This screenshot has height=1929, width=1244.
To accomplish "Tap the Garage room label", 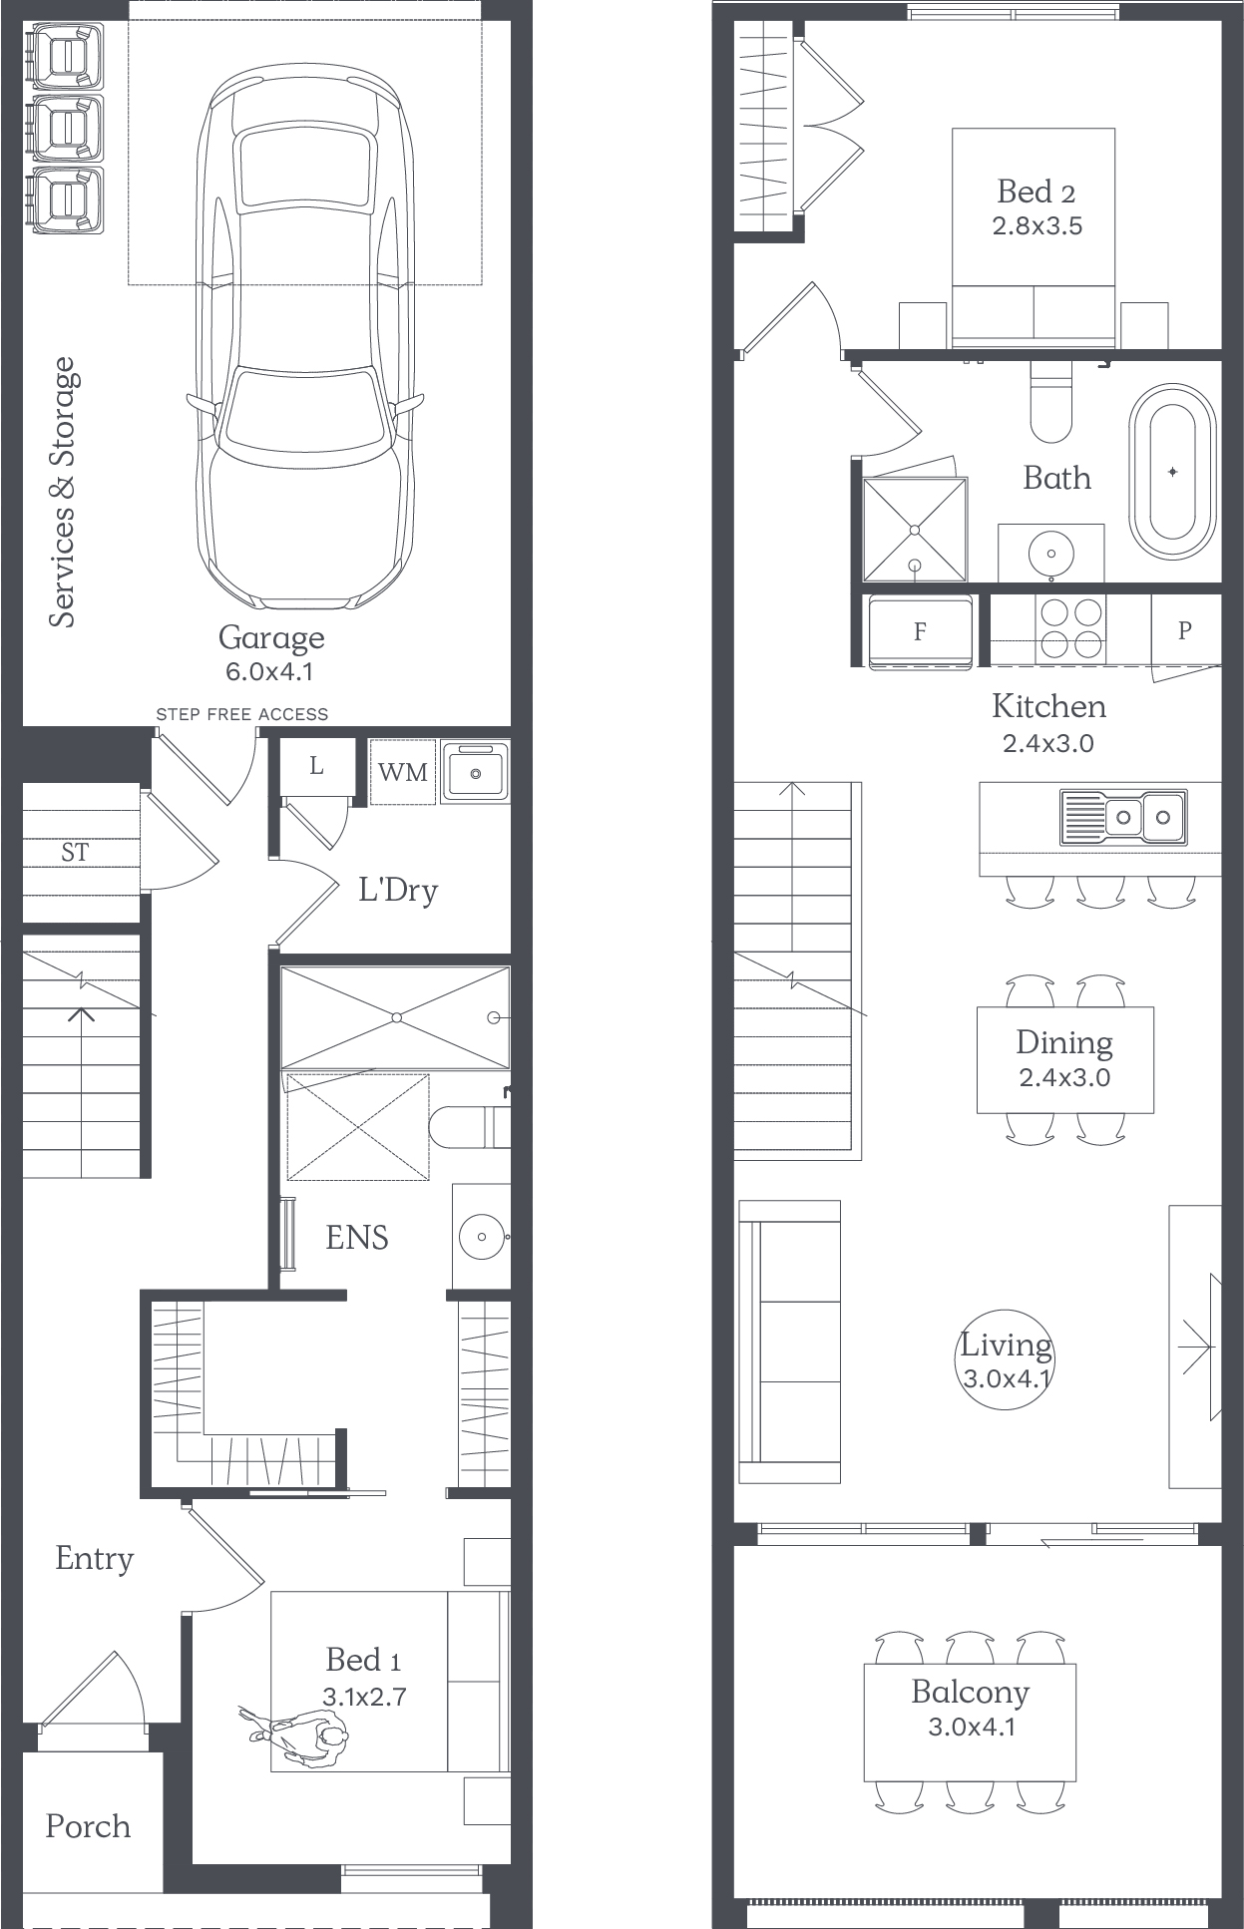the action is (x=271, y=637).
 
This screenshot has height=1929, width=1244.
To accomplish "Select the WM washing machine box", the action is (x=403, y=771).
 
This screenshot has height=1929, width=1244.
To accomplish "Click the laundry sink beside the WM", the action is (x=475, y=770).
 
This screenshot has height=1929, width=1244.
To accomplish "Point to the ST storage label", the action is (x=75, y=852).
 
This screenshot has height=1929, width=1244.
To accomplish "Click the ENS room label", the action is (x=357, y=1238).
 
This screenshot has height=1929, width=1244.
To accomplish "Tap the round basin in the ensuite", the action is (x=482, y=1237).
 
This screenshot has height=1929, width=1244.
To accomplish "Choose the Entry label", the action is (x=94, y=1558).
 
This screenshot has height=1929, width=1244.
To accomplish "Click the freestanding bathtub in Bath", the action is (x=1173, y=471).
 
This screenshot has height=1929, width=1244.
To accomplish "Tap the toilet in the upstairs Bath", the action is (x=1050, y=400).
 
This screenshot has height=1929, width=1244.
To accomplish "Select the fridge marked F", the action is (x=920, y=632).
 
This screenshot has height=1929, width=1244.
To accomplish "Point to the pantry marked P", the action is (x=1185, y=630).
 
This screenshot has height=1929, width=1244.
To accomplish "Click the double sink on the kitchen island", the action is (x=1123, y=817).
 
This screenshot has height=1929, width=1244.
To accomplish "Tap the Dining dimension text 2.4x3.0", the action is (x=1064, y=1077).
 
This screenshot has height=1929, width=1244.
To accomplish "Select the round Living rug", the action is (x=1007, y=1359).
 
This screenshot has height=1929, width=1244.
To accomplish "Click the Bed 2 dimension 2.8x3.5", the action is (x=1037, y=226).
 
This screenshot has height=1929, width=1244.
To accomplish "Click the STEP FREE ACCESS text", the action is (x=242, y=714).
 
